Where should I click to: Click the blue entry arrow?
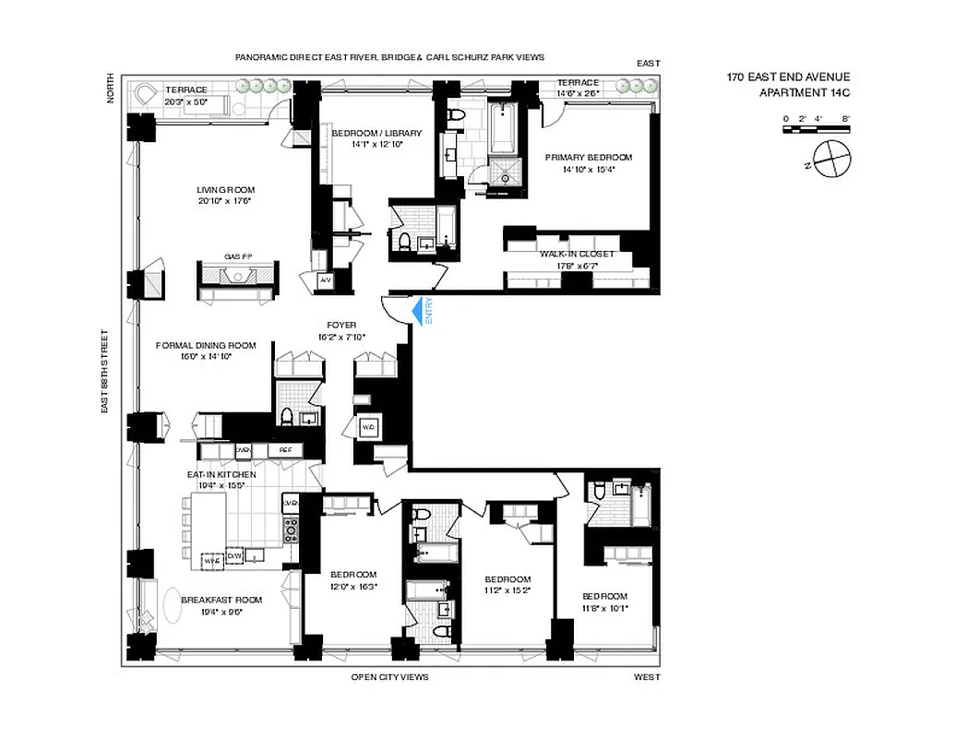421,310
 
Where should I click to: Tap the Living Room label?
225,190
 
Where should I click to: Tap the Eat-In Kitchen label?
221,474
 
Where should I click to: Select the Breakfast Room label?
221,600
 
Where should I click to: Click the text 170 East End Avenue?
787,77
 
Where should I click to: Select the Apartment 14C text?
804,92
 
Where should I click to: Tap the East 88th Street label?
107,369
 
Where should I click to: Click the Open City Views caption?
389,677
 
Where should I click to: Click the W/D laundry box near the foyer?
367,427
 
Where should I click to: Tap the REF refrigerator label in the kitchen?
285,450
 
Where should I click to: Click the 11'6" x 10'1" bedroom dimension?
604,608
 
